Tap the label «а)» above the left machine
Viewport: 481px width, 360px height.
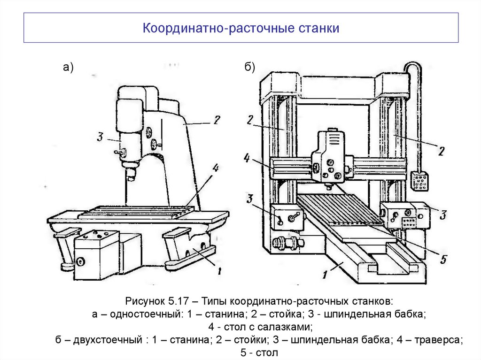coord(69,68)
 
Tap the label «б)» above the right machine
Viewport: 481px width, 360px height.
coord(249,68)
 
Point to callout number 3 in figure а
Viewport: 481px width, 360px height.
coord(100,138)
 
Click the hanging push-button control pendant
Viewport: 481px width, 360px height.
coord(419,181)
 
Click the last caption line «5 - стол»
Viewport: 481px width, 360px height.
coord(259,352)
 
